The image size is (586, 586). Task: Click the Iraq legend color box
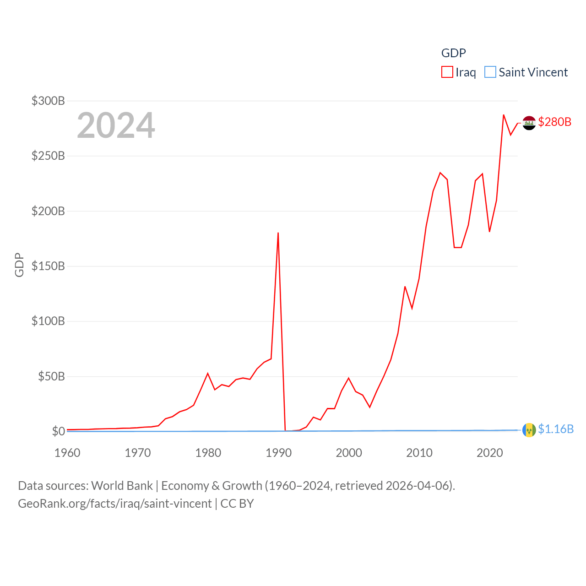(447, 72)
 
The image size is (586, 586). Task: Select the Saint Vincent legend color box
(490, 72)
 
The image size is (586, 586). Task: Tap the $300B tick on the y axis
(48, 101)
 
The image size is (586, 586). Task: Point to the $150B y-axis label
(48, 266)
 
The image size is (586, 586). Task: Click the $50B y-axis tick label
(51, 376)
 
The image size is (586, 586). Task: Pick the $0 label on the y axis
(58, 431)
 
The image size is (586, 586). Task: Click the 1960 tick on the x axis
(67, 453)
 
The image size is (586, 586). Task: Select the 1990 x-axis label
(278, 453)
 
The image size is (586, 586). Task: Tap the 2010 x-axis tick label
(419, 453)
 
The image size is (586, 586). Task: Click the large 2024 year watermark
(116, 125)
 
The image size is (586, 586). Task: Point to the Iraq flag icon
(529, 123)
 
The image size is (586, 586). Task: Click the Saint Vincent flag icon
(529, 430)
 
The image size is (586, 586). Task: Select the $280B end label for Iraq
(555, 122)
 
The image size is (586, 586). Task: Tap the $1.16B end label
(556, 429)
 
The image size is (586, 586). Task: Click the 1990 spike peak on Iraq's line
(278, 233)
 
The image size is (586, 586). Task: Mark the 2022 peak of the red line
(504, 115)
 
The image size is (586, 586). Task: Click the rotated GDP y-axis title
(19, 265)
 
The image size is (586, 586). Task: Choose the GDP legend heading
(453, 53)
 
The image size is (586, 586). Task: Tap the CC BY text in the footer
(237, 504)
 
